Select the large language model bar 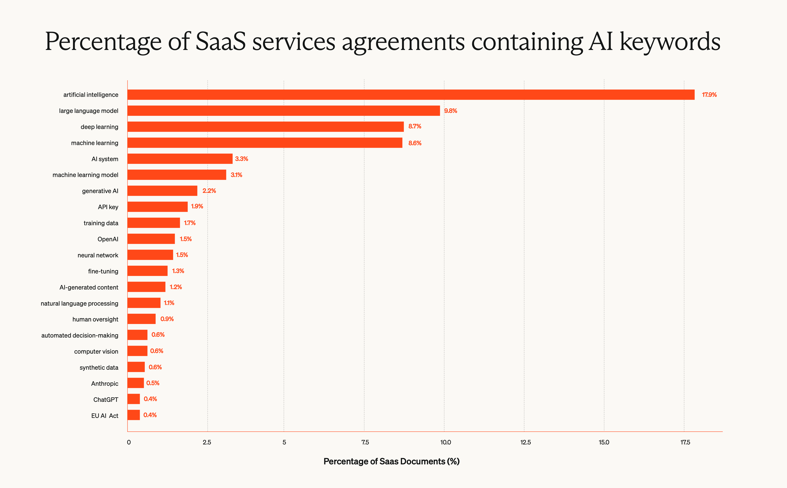tap(284, 111)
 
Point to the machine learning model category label tap(86, 175)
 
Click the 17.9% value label tap(709, 95)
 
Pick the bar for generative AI tap(162, 191)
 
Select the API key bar tap(157, 207)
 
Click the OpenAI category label tap(108, 239)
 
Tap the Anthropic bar tap(135, 383)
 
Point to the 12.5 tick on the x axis tap(525, 442)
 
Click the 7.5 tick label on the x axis tap(365, 442)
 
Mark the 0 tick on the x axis tap(129, 442)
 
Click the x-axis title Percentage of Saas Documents tap(391, 461)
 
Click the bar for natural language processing tap(144, 303)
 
